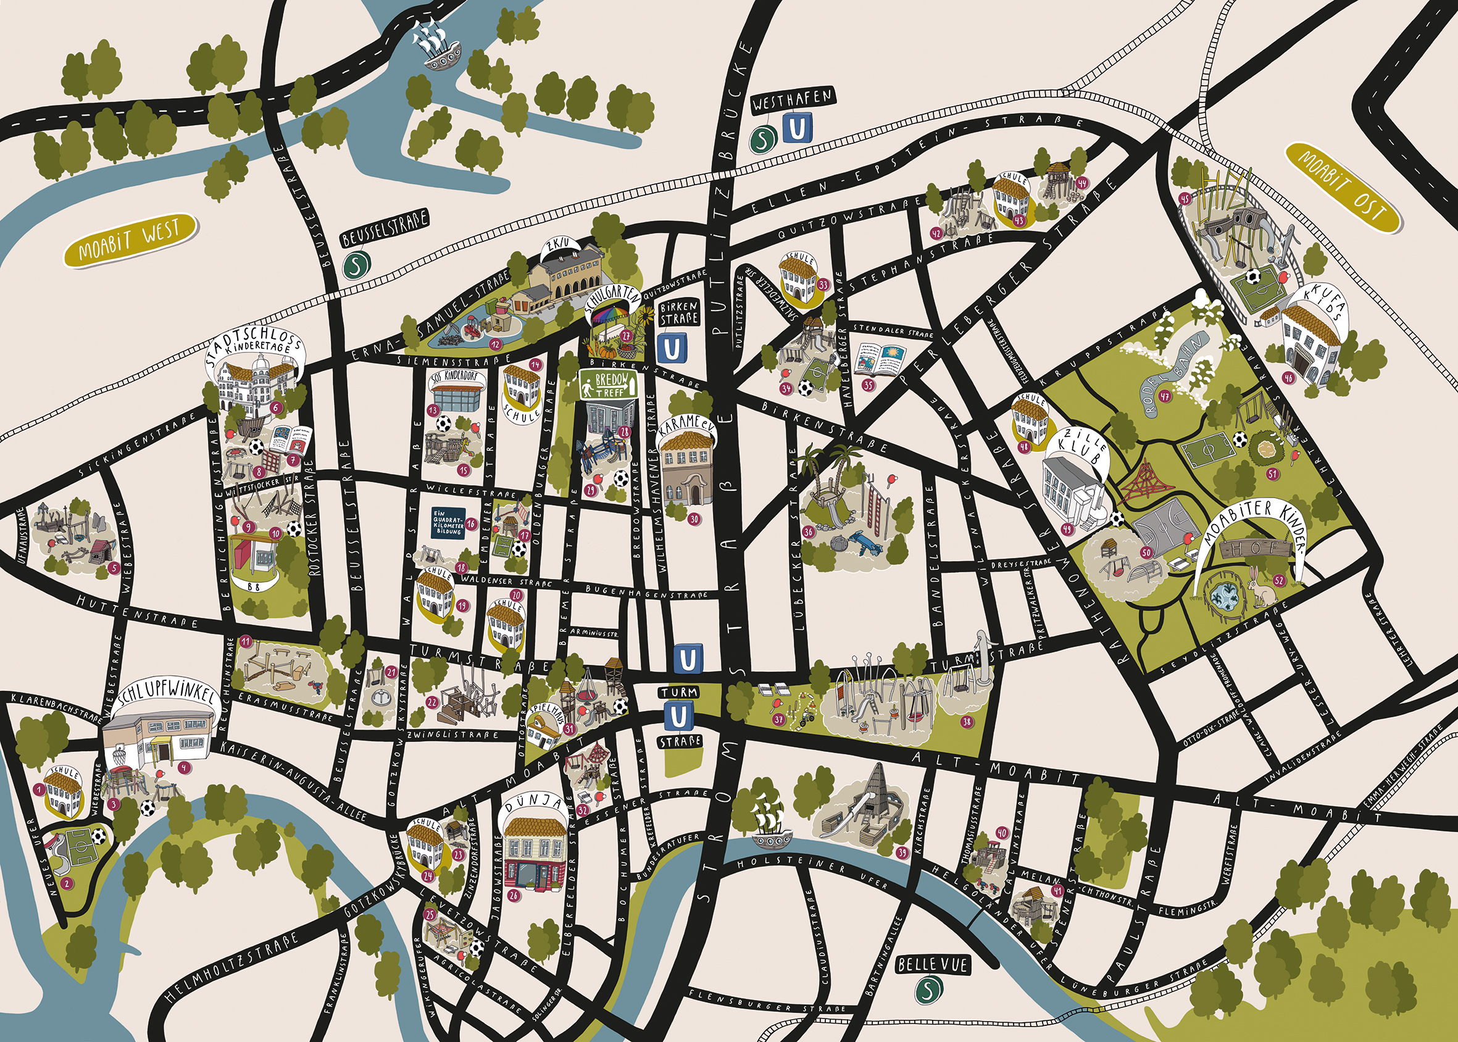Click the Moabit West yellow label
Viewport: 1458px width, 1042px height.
point(130,241)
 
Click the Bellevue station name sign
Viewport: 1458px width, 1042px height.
point(932,964)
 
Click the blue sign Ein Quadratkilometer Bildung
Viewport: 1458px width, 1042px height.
point(447,523)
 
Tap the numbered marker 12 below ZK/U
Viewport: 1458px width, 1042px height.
point(494,344)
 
